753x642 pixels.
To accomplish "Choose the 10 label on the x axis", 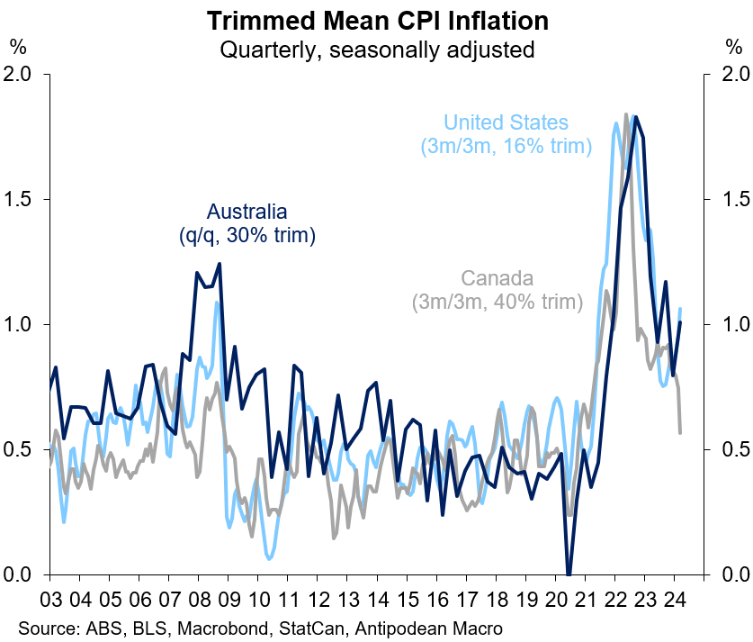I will point(260,599).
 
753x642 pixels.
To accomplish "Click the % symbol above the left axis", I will point(17,44).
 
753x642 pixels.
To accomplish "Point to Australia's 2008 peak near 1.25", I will point(219,265).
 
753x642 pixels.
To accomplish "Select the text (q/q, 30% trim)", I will point(247,236).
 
